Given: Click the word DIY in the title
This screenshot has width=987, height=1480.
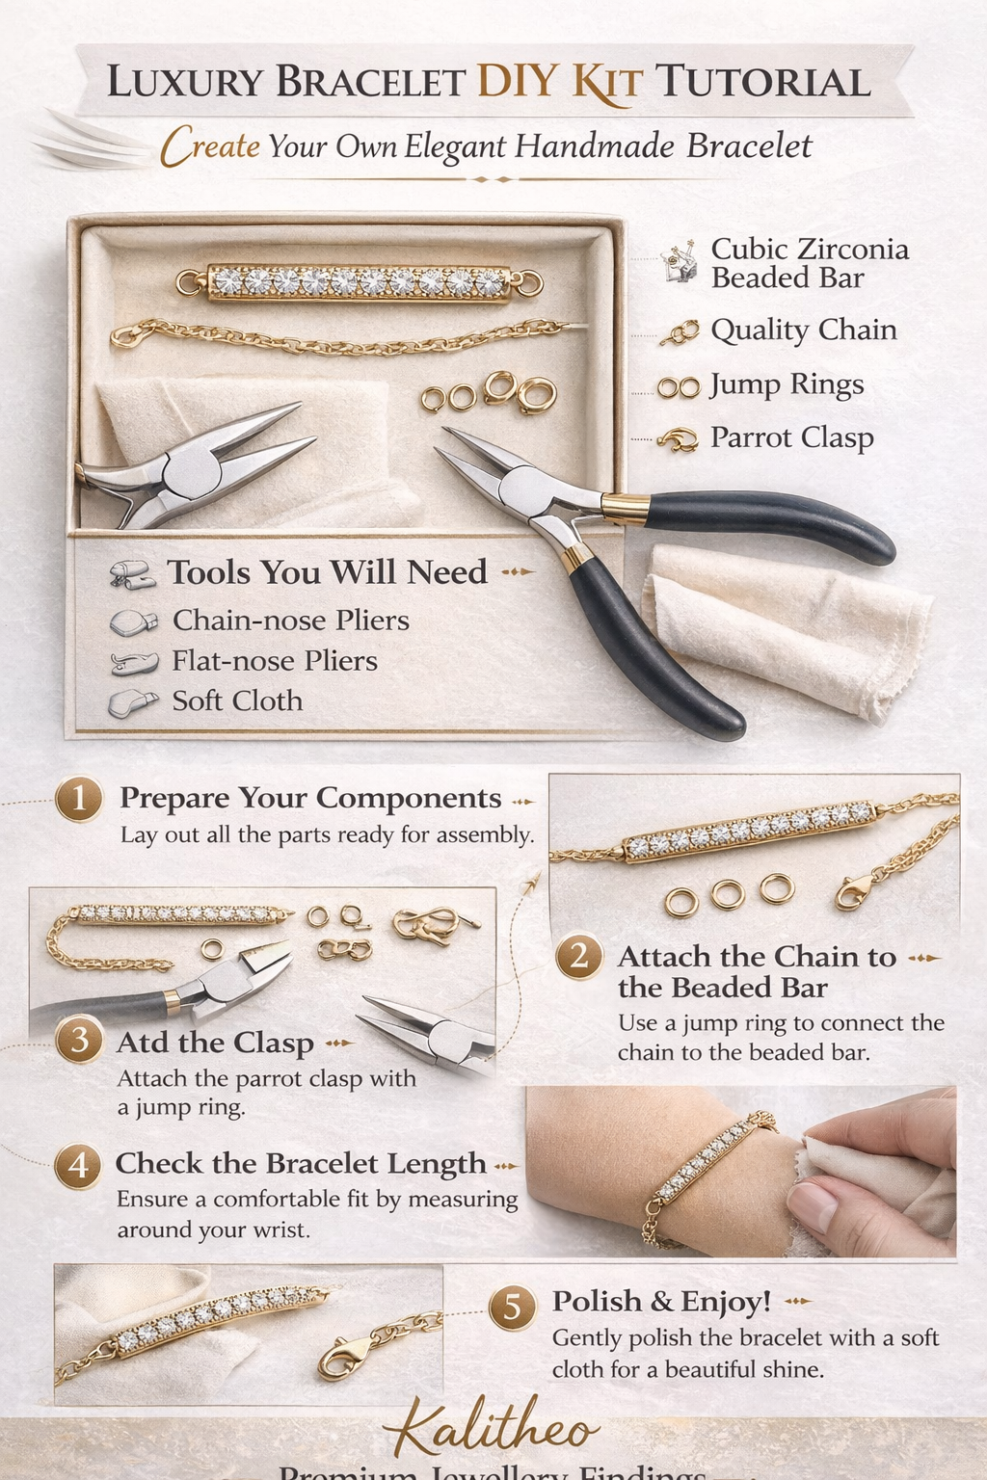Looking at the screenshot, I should click(x=518, y=83).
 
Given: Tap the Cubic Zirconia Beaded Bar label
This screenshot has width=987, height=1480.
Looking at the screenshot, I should click(x=809, y=263).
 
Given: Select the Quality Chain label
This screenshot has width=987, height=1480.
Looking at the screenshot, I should click(x=803, y=330).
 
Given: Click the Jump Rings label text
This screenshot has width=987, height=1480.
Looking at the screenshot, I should click(x=787, y=384).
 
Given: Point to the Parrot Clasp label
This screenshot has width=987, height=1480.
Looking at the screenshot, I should click(x=791, y=437).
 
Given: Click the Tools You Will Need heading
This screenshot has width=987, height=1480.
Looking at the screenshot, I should click(x=327, y=572).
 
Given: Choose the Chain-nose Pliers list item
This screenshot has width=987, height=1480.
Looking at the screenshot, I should click(x=290, y=621).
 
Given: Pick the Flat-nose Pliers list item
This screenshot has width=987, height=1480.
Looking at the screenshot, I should click(x=274, y=661).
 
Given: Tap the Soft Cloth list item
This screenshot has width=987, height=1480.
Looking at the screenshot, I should click(x=237, y=701).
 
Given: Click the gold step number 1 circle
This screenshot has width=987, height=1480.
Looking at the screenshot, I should click(x=79, y=799).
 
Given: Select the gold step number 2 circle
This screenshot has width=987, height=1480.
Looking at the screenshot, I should click(x=579, y=956).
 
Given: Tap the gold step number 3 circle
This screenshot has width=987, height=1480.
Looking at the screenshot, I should click(x=79, y=1040).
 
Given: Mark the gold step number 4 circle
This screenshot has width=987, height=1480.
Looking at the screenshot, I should click(x=78, y=1165).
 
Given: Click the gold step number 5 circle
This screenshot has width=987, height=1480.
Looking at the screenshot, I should click(x=513, y=1307).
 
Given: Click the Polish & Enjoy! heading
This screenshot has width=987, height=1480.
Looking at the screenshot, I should click(x=661, y=1302).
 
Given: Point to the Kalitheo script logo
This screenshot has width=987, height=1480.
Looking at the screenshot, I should click(x=493, y=1429).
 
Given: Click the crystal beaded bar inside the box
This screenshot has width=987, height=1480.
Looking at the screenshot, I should click(x=359, y=283).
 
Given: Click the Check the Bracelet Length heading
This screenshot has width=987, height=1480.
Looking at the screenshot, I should click(x=301, y=1164).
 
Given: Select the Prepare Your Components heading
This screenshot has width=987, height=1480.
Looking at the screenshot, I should click(x=310, y=799).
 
